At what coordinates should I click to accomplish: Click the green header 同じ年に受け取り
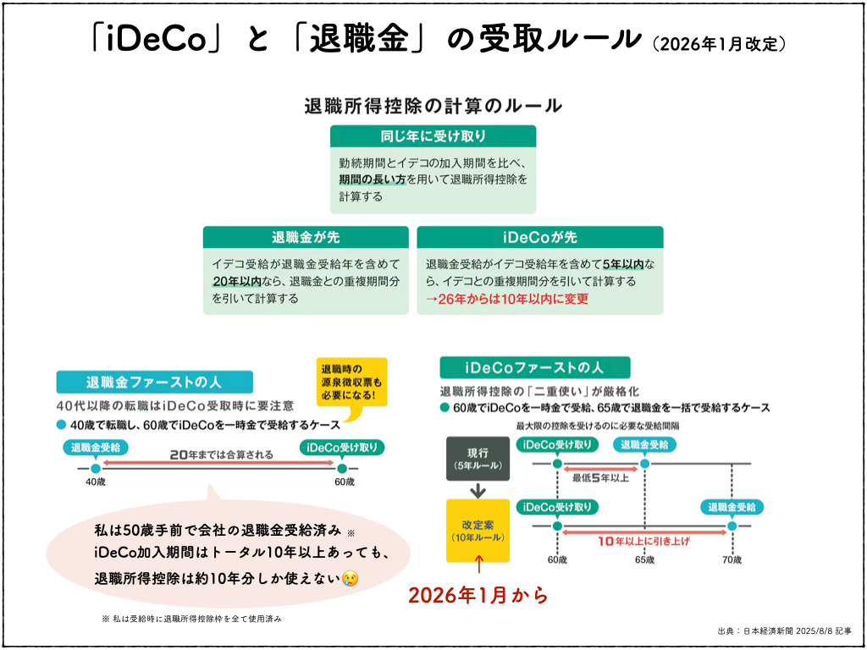433,136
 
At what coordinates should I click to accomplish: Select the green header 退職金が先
306,237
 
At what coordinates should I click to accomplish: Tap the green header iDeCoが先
539,237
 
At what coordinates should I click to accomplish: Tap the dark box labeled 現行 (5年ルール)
477,458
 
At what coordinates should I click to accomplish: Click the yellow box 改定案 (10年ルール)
478,530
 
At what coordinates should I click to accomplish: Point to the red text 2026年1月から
478,595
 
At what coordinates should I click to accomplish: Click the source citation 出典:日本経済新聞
783,630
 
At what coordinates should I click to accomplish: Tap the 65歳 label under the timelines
645,559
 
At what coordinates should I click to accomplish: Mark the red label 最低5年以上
600,477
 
